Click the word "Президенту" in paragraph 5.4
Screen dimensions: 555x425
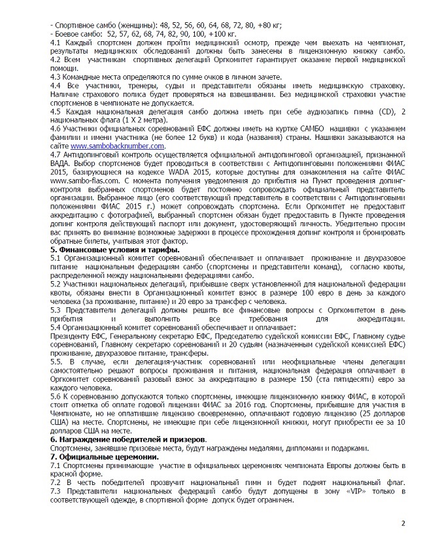75,326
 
